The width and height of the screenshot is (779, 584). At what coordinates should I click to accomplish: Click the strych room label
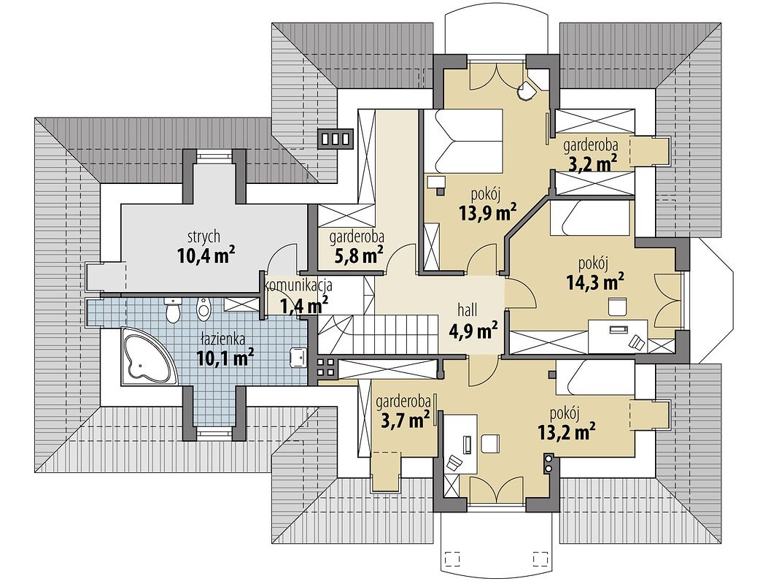click(204, 237)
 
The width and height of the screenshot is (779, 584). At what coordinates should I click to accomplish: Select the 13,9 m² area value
click(487, 212)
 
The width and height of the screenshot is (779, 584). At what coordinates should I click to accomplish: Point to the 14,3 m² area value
click(595, 283)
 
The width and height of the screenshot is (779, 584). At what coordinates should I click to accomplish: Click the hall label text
click(468, 311)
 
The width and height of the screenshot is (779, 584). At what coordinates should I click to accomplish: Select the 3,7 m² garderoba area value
click(405, 420)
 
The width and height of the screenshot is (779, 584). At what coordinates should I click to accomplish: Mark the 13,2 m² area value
click(566, 432)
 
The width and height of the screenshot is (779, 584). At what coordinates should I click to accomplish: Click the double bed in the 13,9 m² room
click(462, 141)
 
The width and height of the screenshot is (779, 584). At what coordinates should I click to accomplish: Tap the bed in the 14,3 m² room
click(589, 218)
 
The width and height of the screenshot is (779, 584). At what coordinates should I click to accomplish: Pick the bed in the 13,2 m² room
click(594, 379)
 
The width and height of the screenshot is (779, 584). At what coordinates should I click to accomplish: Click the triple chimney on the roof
click(336, 139)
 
